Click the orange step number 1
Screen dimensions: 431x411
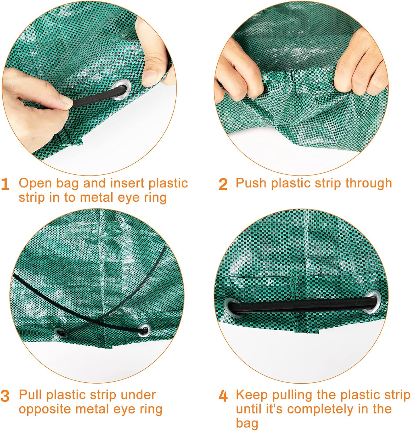click(x=5, y=184)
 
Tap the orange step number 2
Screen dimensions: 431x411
click(x=223, y=184)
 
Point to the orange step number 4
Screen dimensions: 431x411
click(x=223, y=396)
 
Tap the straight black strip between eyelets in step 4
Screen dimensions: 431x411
click(x=301, y=306)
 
